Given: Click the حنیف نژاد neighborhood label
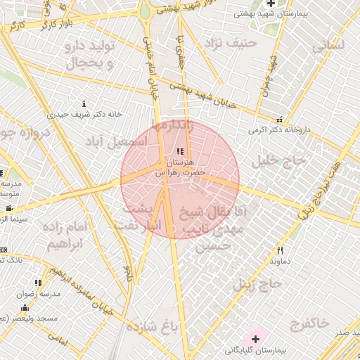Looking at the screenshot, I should tap(231, 44).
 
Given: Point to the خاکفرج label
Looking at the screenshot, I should tap(308, 324).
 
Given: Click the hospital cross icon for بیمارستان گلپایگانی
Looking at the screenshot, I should tap(255, 339).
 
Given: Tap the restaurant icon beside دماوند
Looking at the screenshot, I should tap(280, 250).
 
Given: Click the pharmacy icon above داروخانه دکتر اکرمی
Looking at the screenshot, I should tap(279, 120).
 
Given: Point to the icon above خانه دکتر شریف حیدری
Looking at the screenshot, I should tap(84, 104).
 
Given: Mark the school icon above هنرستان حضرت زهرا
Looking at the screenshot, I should tap(181, 151).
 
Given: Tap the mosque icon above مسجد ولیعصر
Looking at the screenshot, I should tap(25, 308).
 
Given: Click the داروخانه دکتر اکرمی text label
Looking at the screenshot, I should tap(280, 130).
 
